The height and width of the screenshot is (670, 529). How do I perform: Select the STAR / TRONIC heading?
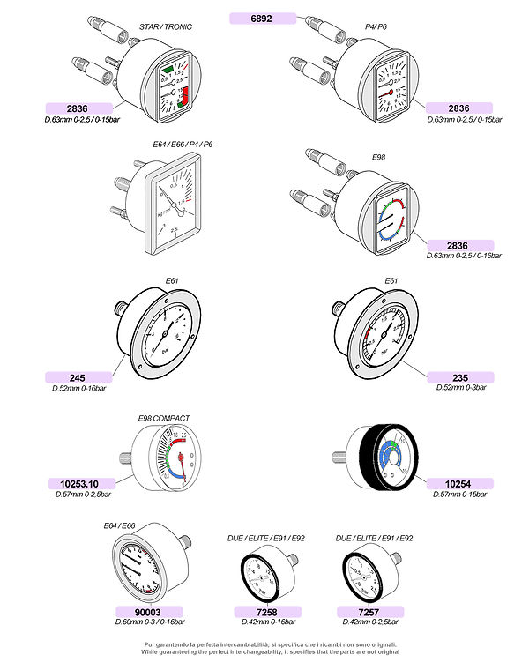(166, 26)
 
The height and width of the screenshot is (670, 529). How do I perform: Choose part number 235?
(459, 377)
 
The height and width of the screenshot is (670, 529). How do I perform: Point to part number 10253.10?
(80, 483)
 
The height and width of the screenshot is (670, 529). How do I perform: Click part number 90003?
(148, 611)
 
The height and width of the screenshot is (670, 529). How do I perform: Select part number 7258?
(265, 611)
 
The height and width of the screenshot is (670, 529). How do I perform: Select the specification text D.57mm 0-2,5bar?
(80, 494)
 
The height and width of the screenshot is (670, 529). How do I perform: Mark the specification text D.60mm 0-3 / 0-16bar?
(148, 622)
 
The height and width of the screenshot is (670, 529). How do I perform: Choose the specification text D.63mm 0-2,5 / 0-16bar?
(464, 256)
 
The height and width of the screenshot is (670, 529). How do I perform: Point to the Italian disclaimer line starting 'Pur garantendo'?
(272, 644)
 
